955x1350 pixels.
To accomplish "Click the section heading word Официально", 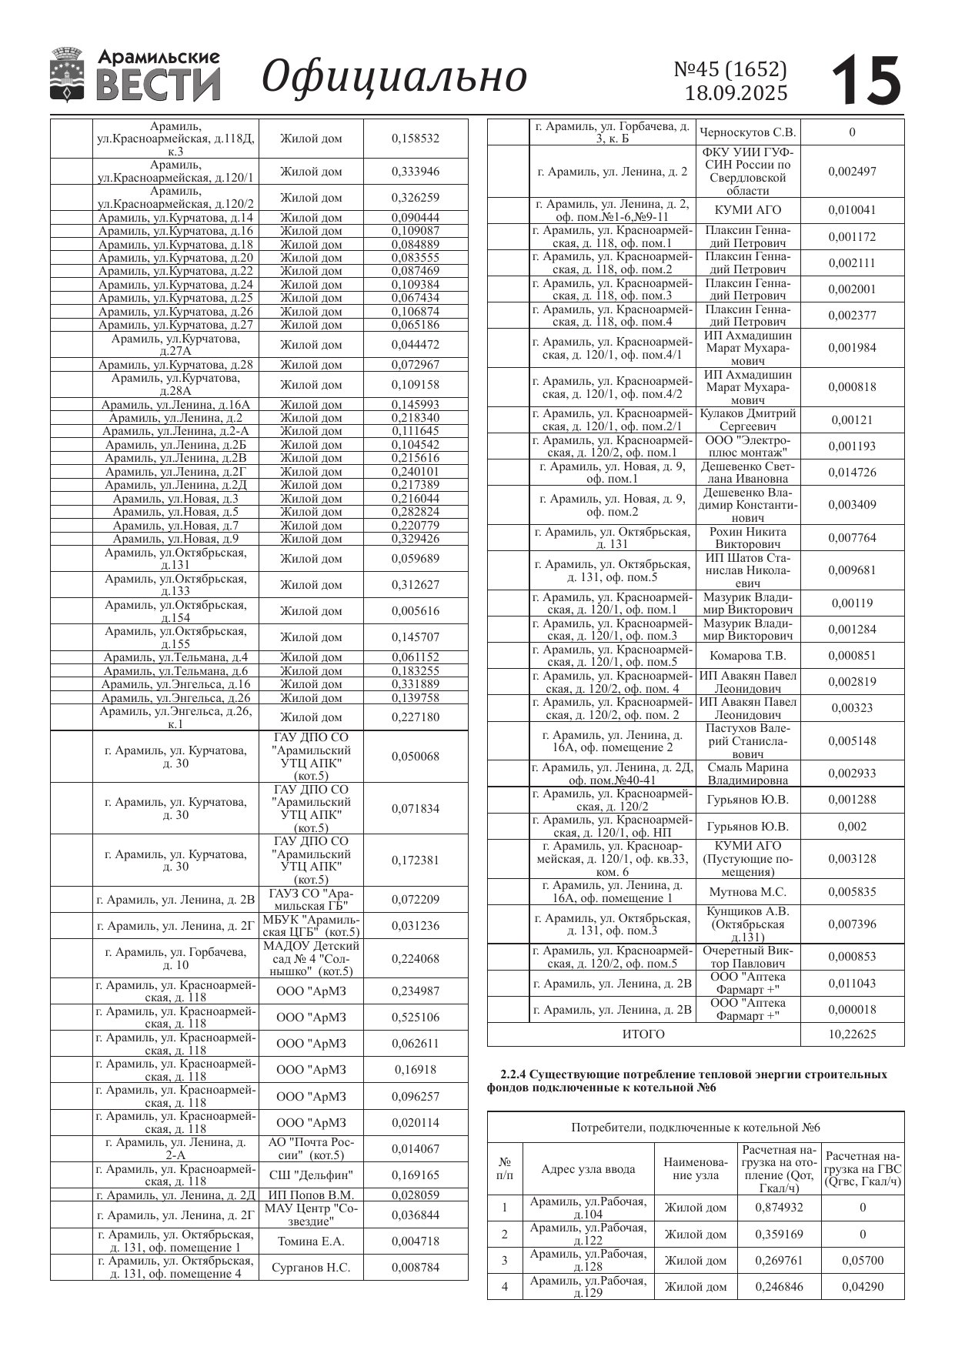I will click(x=395, y=76).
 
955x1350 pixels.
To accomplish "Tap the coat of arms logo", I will click(x=66, y=75).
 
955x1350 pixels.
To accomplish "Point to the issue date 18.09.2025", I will click(x=736, y=93).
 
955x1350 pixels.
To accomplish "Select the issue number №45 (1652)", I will click(x=730, y=69).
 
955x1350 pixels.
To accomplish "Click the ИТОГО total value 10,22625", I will click(x=852, y=1034).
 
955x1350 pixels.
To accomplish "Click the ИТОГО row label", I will click(x=643, y=1034).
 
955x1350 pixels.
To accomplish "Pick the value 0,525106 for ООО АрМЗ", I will click(x=416, y=1017).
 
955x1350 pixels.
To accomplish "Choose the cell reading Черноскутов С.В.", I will click(x=748, y=132).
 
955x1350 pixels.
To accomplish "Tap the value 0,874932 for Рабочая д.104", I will click(x=780, y=1208).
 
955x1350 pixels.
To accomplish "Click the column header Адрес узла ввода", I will click(x=588, y=1169).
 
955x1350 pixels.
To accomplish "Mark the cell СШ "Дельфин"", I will click(x=311, y=1175).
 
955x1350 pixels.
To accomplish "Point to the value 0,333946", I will click(x=416, y=172).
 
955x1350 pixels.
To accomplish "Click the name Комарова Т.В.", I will click(x=748, y=656).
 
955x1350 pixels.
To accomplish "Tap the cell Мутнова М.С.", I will click(x=748, y=892).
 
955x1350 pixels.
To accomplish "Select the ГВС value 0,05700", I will click(x=863, y=1261).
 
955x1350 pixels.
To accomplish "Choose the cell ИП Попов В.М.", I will click(x=311, y=1195).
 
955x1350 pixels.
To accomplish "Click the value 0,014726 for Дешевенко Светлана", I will click(x=852, y=473).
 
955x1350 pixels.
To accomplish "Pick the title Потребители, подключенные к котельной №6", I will click(x=696, y=1128).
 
